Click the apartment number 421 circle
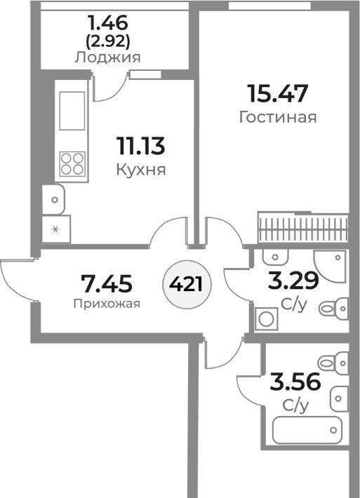coord(187,283)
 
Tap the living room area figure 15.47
coord(278,93)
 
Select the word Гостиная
coord(278,117)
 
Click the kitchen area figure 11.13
coord(141,146)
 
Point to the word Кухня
coord(141,170)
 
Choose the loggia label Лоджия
coord(107,58)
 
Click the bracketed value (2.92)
coord(108,41)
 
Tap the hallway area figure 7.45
coord(107,283)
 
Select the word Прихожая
coord(107,304)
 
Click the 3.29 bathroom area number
coord(293,281)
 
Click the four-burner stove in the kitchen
coord(72,163)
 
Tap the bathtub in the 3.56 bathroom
coord(307,430)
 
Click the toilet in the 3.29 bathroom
coord(333,308)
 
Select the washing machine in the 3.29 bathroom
coord(266,319)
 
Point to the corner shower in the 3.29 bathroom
coord(330,266)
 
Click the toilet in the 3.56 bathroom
coord(333,363)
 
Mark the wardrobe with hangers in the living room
coord(303,229)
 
